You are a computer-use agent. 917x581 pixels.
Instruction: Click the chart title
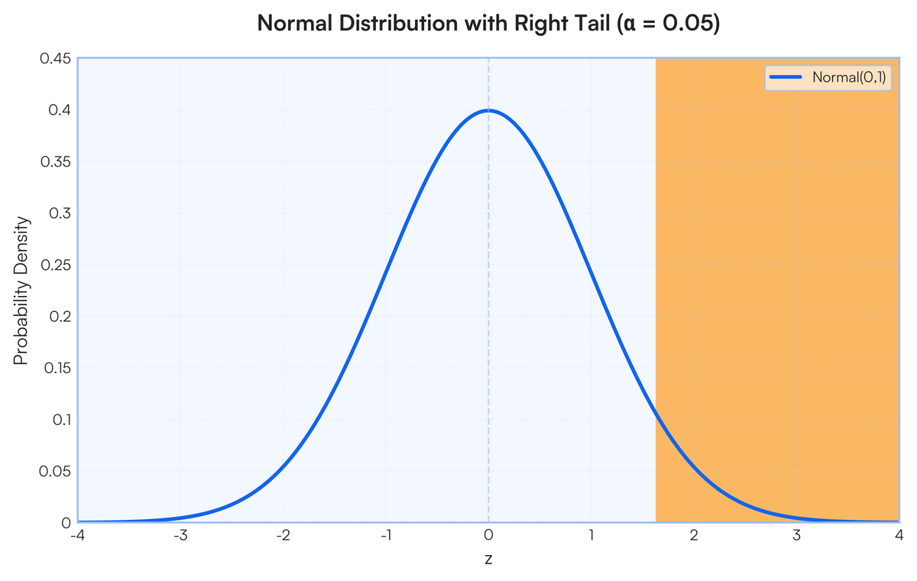click(488, 24)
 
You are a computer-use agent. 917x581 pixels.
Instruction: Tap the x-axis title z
click(488, 559)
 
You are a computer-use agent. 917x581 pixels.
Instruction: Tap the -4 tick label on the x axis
click(77, 535)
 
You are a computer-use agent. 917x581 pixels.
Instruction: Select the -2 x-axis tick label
click(282, 535)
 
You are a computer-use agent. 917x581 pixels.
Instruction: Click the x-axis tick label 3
click(796, 535)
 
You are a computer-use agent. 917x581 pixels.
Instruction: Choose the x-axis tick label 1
click(591, 535)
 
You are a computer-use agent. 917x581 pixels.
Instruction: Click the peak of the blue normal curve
click(488, 111)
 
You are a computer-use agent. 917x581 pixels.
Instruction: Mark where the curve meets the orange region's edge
click(656, 412)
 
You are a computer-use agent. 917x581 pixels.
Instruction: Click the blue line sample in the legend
click(786, 77)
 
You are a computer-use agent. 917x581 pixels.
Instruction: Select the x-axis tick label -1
click(385, 535)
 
